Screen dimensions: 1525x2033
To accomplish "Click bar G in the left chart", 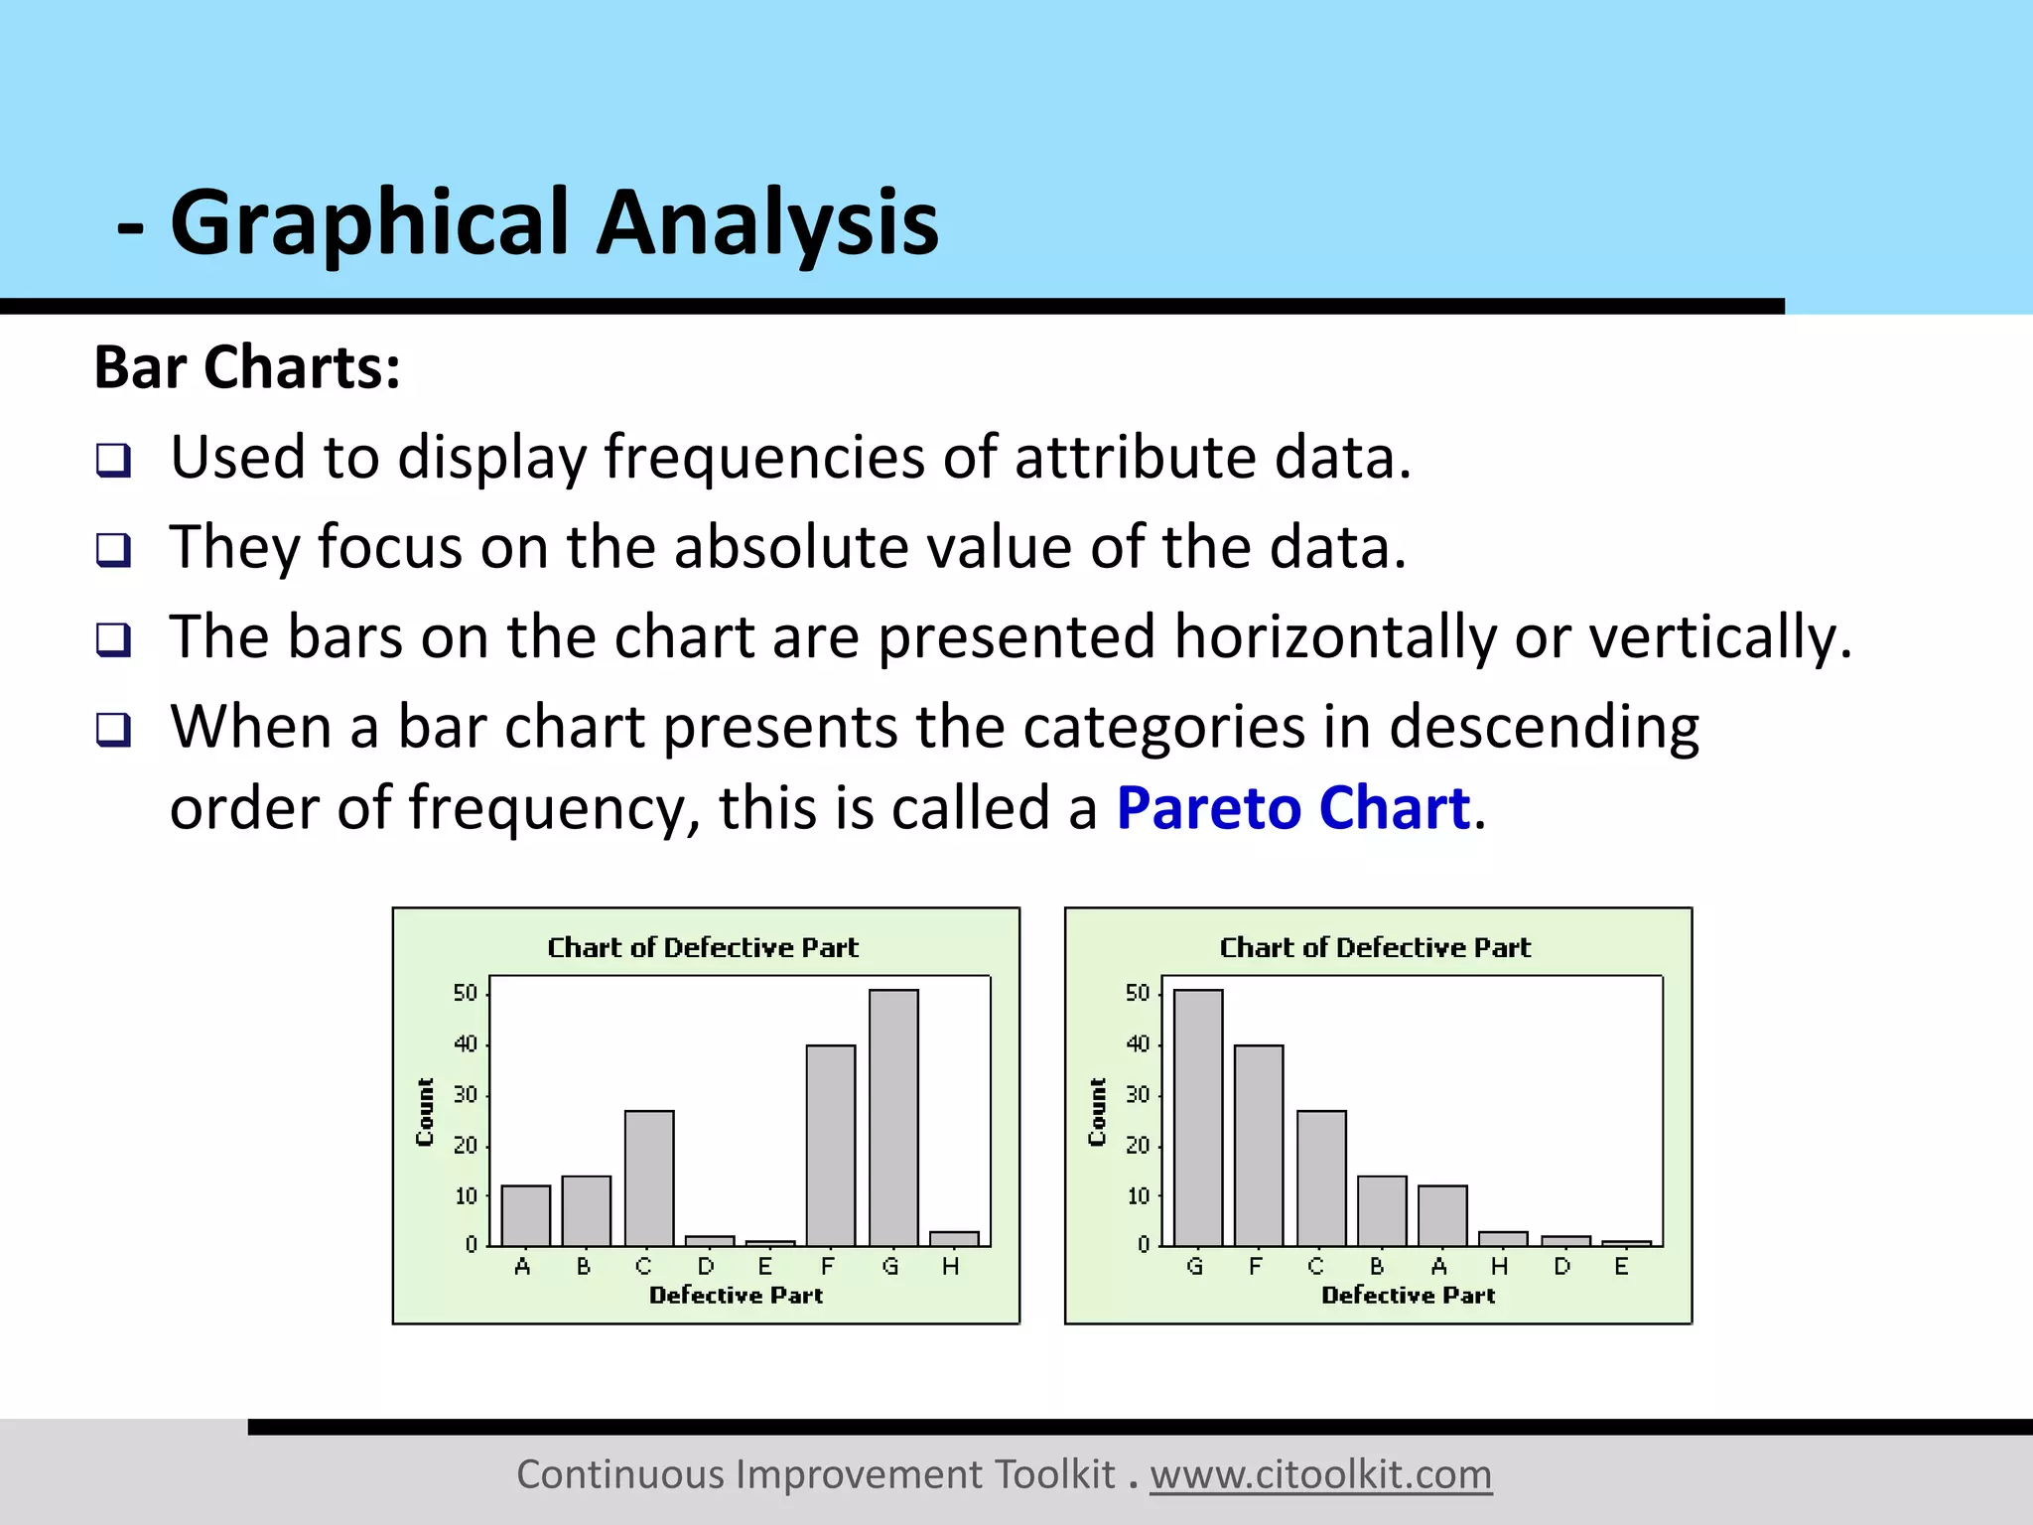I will coord(893,1117).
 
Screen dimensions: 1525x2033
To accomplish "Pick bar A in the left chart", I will coord(525,1215).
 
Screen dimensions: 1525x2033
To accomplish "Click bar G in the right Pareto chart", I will coord(1198,1117).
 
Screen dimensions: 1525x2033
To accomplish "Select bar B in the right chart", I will coord(1382,1210).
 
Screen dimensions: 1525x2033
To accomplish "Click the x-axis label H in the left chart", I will coord(951,1267).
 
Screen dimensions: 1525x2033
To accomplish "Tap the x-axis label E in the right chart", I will coord(1621,1267).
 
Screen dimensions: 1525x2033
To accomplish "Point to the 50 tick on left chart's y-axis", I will coord(466,993).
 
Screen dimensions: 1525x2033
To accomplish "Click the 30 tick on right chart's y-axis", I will coord(1138,1094).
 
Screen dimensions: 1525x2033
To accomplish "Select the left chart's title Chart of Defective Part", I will coord(703,947).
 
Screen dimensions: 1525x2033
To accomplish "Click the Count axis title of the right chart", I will coord(1097,1112).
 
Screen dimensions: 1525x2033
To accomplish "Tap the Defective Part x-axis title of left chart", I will coord(736,1295).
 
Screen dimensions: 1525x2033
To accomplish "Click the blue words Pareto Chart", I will coord(1292,808).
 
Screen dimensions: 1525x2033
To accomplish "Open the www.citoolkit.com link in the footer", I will coord(1320,1474).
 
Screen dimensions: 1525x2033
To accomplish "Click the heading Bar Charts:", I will coord(247,367).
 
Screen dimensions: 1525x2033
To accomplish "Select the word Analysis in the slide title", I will coord(766,222).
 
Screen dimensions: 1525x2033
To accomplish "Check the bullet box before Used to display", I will coord(113,460).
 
